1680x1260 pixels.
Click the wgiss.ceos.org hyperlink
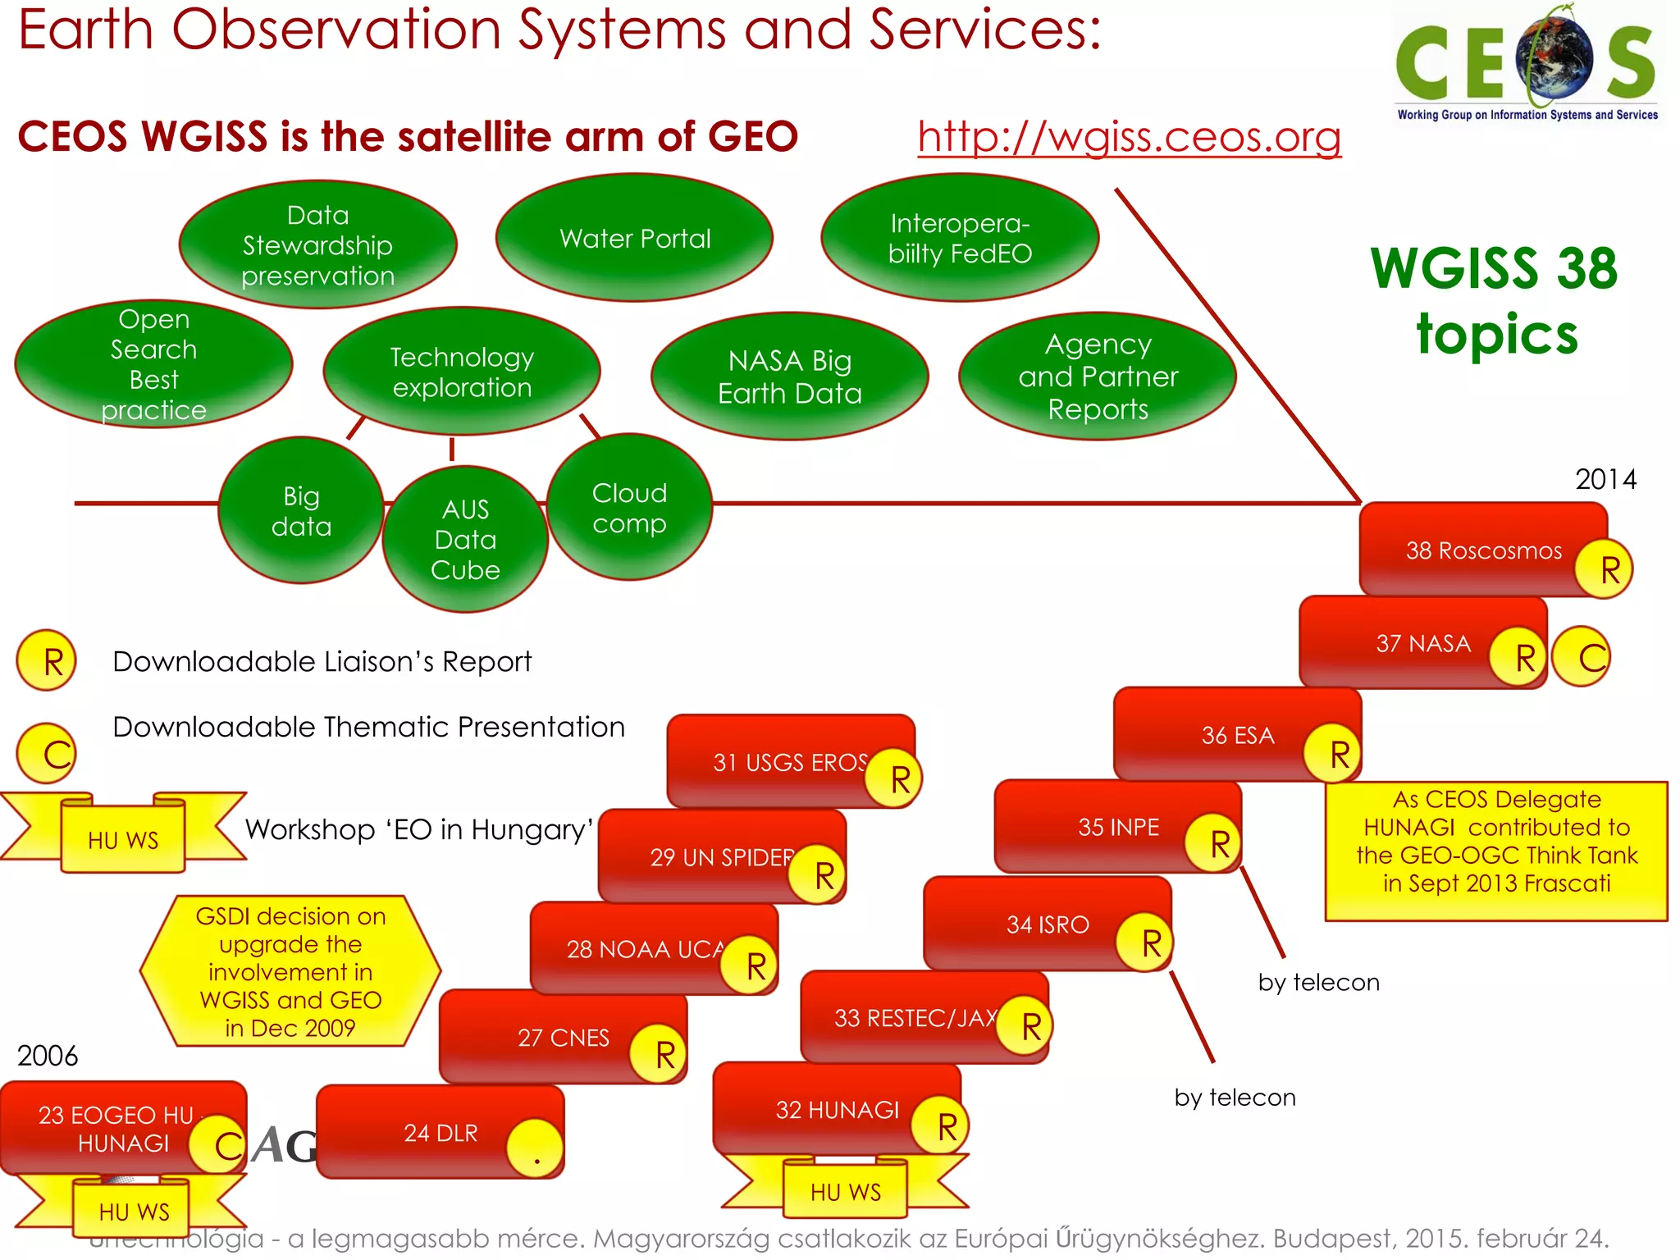pos(1129,136)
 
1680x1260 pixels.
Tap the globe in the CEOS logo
pos(1554,57)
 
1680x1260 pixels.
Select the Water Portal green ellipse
pos(634,238)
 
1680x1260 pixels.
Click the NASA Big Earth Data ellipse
pos(789,377)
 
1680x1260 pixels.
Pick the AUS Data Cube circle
pos(465,540)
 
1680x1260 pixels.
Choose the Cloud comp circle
pos(629,508)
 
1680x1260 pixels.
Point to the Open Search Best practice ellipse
pos(153,363)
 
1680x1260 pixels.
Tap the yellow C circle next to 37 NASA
pos(1582,656)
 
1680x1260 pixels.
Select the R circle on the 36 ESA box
pos(1334,753)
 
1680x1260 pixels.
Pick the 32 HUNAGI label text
pos(837,1110)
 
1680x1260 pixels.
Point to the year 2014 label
pos(1605,479)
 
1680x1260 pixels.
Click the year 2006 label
pos(48,1056)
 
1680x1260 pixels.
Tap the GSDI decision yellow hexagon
pos(290,971)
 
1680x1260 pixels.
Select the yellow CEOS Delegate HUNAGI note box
pos(1496,851)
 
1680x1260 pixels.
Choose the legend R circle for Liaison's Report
pos(47,660)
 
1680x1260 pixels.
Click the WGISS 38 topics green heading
pos(1495,300)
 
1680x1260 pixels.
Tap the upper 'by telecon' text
pos(1318,982)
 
